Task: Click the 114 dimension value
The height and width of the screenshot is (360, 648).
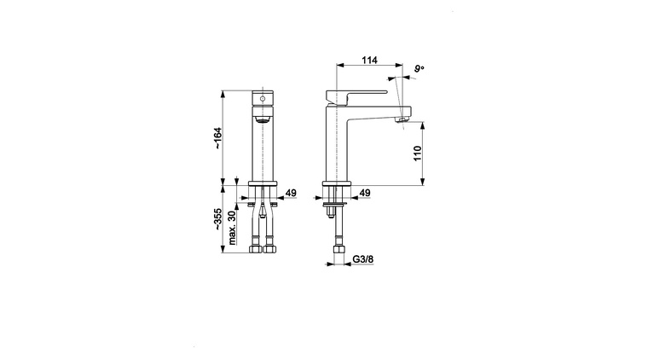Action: pos(369,61)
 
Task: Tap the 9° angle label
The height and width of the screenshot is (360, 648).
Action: pos(419,68)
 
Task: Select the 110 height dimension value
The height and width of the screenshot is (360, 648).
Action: pos(418,154)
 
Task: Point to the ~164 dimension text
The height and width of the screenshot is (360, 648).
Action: pos(217,138)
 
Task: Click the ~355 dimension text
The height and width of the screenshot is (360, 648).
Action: pos(217,219)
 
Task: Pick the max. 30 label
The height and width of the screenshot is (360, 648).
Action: pos(232,228)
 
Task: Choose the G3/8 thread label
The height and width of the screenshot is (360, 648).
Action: pos(363,259)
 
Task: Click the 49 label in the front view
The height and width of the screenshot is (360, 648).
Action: pos(291,193)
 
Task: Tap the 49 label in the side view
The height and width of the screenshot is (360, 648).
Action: pos(365,193)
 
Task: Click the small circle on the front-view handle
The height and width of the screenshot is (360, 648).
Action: pos(262,99)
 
